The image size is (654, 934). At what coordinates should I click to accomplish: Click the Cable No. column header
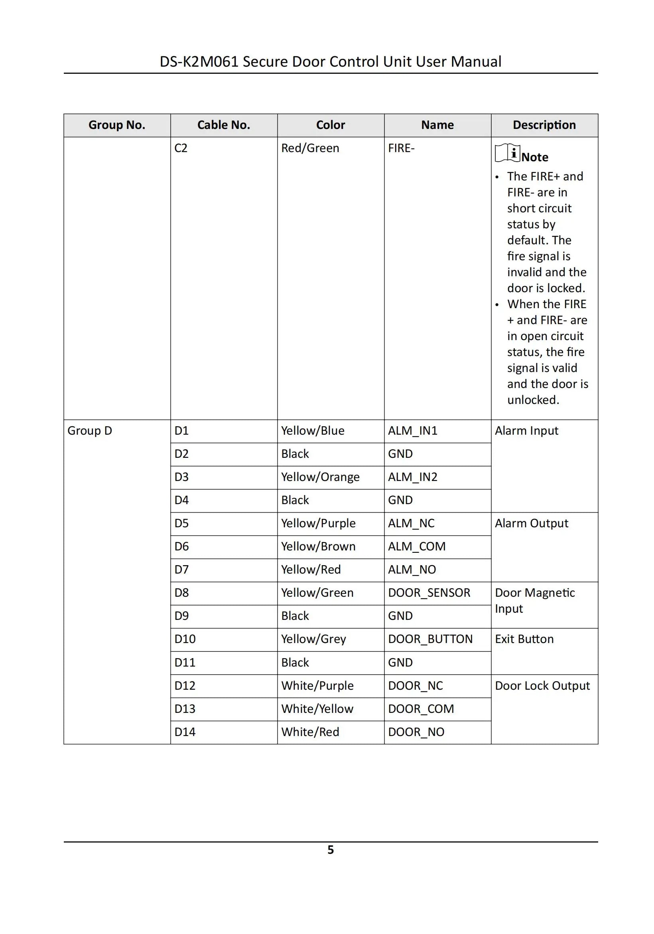(x=224, y=125)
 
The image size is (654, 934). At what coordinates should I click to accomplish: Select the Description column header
(x=544, y=125)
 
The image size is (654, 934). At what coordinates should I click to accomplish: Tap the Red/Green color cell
(x=310, y=148)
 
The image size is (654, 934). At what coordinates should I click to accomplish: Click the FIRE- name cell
(x=401, y=148)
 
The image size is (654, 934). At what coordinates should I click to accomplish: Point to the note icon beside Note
(x=507, y=153)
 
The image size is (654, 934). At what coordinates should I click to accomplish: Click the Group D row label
(x=89, y=430)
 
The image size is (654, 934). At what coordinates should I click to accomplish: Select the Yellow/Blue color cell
(x=313, y=430)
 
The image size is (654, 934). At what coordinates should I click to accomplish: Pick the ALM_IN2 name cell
(x=413, y=477)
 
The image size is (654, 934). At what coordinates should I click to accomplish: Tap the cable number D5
(x=181, y=523)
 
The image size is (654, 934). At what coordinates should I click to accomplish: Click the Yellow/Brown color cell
(x=318, y=546)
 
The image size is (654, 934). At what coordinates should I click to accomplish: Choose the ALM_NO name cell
(x=412, y=570)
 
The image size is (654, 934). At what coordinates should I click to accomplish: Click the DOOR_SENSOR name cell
(x=429, y=593)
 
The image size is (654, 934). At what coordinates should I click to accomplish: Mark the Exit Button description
(x=524, y=639)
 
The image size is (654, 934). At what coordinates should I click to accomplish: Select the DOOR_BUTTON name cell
(x=430, y=639)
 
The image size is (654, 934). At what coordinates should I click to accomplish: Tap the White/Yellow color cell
(x=317, y=708)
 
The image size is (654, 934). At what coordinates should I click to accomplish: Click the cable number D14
(x=185, y=732)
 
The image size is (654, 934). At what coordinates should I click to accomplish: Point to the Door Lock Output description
(x=542, y=685)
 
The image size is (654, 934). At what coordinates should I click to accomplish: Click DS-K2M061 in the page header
(x=199, y=61)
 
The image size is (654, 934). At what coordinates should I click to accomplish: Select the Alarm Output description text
(x=531, y=523)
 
